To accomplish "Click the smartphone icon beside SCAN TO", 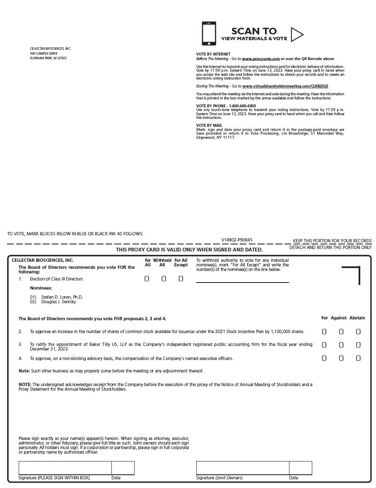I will click(x=209, y=34).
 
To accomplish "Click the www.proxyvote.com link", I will click(x=260, y=59).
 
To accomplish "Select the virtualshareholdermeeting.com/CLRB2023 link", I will click(x=285, y=86).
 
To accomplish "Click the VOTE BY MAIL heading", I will click(x=209, y=125).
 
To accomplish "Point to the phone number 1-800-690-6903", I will click(x=242, y=106).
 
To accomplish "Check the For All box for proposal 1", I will click(x=147, y=279).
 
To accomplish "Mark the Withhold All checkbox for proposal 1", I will click(x=164, y=279).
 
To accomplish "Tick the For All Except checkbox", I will click(x=181, y=279).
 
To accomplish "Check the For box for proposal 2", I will click(x=324, y=331).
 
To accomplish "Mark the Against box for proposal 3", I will click(x=341, y=345).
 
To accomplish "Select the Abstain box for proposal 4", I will click(x=358, y=358).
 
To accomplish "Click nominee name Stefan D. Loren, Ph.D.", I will click(x=62, y=297).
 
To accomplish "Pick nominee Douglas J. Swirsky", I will click(x=58, y=302).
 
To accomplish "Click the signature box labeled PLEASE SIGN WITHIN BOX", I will click(x=65, y=468).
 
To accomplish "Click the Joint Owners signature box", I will click(x=243, y=468).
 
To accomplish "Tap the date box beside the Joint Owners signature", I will click(x=301, y=468).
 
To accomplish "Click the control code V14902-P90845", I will click(x=237, y=240).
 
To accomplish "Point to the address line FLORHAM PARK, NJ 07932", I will click(x=48, y=58).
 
